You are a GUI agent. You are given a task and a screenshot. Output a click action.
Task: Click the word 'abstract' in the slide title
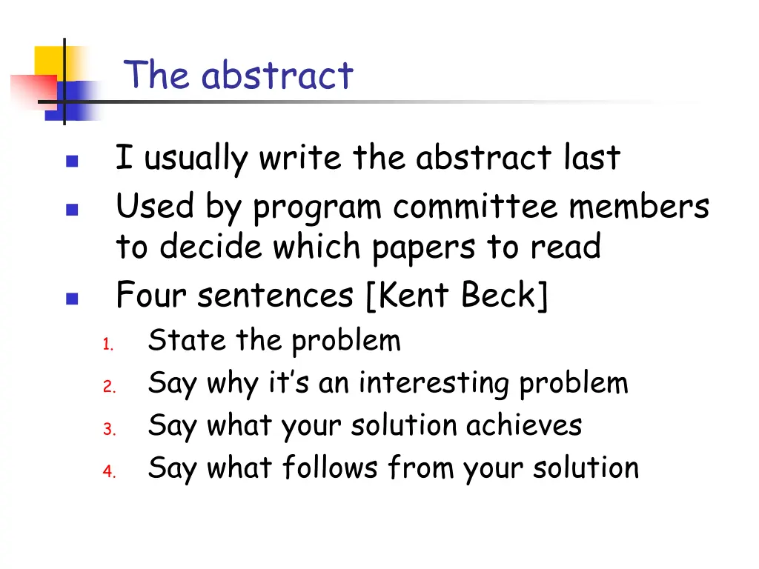pyautogui.click(x=277, y=76)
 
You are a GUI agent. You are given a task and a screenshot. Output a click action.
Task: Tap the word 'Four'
pyautogui.click(x=151, y=296)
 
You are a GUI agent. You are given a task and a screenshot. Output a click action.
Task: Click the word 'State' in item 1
pyautogui.click(x=176, y=341)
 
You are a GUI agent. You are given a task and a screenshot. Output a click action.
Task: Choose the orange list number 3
pyautogui.click(x=107, y=429)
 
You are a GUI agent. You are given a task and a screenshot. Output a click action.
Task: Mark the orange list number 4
pyautogui.click(x=107, y=471)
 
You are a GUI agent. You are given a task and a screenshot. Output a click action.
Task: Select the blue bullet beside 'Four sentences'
pyautogui.click(x=71, y=300)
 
